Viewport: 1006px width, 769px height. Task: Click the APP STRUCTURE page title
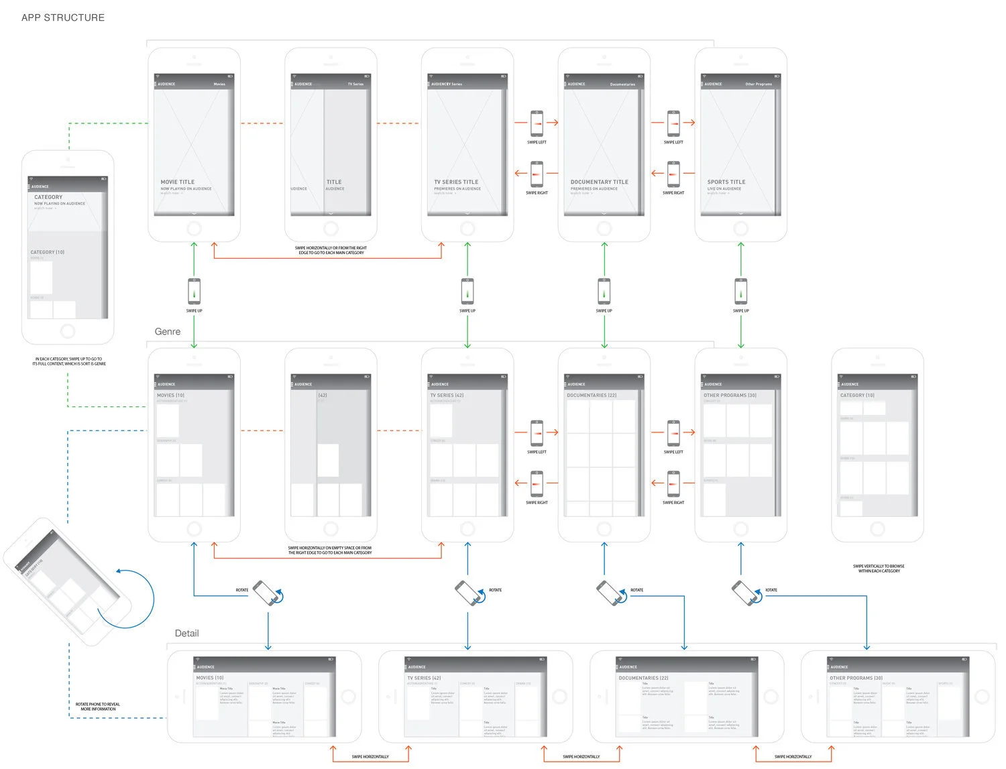(x=63, y=18)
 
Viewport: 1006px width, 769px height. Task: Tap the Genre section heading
(x=168, y=332)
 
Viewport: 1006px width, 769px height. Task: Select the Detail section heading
(x=186, y=634)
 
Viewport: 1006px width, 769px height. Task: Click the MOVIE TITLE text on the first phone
(x=178, y=182)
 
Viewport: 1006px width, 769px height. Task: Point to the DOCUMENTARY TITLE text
(x=599, y=182)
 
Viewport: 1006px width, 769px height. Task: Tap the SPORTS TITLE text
(x=726, y=182)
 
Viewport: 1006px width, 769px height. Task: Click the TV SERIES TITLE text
(x=456, y=182)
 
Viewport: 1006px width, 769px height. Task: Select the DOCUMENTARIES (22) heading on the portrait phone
(x=592, y=396)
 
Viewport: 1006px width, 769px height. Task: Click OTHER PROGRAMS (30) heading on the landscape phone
(x=856, y=678)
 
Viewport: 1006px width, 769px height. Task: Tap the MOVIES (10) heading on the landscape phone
(x=210, y=678)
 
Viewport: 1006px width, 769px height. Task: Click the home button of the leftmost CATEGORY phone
(x=68, y=331)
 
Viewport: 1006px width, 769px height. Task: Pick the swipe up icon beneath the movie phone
(x=194, y=292)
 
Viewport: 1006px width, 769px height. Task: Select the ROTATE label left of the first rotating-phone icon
(x=242, y=591)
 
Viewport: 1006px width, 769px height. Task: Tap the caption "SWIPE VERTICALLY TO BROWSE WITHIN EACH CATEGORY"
(x=879, y=569)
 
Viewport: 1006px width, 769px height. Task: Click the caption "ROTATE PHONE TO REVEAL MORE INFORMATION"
(x=98, y=707)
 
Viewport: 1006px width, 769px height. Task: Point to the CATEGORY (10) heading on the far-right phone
(x=857, y=396)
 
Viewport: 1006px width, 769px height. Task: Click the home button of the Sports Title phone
(x=740, y=229)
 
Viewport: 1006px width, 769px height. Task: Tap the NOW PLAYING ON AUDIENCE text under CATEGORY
(x=60, y=204)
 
